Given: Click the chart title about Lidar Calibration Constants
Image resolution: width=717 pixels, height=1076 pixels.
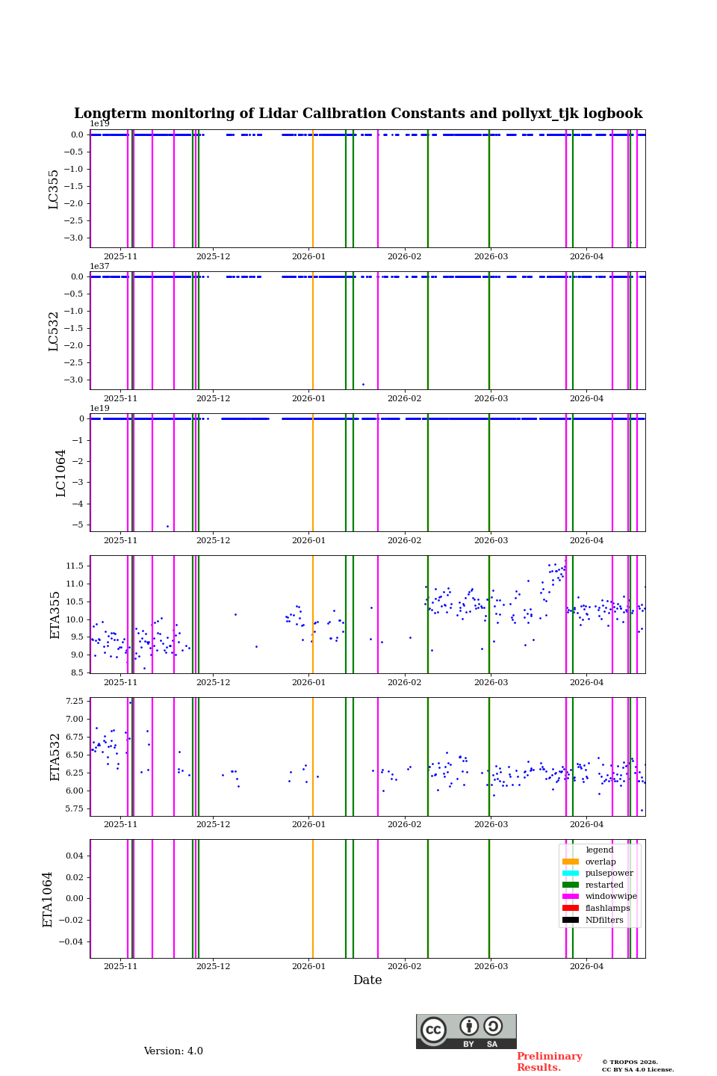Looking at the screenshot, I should click(358, 114).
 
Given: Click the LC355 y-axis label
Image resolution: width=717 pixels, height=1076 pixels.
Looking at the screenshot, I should click(54, 189).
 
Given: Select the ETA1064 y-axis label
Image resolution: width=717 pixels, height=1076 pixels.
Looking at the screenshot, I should click(48, 899).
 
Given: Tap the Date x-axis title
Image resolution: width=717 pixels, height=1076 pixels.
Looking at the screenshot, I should click(367, 980).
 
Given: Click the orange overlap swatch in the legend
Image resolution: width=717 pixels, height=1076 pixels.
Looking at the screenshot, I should click(571, 862).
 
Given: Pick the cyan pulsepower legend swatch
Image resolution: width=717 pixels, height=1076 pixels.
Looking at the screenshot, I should click(571, 874).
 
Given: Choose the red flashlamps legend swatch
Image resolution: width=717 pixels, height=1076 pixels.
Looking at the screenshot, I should click(571, 909).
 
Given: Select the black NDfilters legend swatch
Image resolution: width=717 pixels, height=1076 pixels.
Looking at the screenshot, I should click(571, 921).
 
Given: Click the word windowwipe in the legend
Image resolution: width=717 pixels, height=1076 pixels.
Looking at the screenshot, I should click(611, 897).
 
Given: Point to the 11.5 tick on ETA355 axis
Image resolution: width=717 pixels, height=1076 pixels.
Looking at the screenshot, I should click(74, 566).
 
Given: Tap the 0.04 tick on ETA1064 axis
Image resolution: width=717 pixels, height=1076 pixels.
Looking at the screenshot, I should click(75, 856).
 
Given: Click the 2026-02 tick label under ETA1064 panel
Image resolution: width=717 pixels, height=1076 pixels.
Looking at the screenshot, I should click(404, 967).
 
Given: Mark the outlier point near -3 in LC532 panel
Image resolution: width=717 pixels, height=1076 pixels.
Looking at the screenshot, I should click(363, 384).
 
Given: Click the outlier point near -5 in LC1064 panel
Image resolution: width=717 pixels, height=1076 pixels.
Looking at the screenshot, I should click(167, 526).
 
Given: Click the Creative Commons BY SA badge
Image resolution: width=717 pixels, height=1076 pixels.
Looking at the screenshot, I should click(466, 1031).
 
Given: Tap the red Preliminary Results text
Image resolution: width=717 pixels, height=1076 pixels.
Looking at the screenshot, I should click(549, 1062).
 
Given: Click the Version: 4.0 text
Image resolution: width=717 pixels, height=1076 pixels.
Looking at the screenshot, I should click(173, 1051).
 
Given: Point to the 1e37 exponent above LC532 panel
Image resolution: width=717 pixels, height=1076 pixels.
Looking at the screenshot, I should click(100, 266).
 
